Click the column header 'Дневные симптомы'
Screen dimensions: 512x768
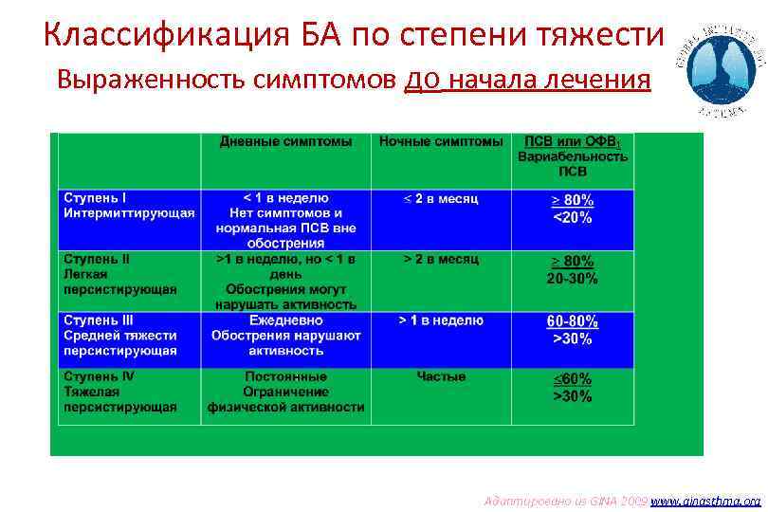(x=285, y=141)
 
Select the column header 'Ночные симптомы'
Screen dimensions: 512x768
(x=441, y=141)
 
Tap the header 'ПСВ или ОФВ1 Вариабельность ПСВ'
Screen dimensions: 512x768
(x=573, y=156)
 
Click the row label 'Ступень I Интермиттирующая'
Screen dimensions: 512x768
(x=129, y=206)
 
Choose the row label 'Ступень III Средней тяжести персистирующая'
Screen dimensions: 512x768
(x=120, y=336)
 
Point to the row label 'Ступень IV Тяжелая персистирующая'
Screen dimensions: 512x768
(x=120, y=392)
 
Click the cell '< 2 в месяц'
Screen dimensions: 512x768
(x=441, y=199)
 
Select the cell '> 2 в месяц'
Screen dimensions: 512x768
(x=441, y=259)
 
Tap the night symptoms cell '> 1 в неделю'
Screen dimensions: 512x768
(x=441, y=320)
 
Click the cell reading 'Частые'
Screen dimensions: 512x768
(x=441, y=376)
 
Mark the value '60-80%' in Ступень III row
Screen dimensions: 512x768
(x=572, y=321)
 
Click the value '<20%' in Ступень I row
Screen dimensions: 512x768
(x=572, y=218)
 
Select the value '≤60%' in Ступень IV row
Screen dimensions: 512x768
(x=572, y=378)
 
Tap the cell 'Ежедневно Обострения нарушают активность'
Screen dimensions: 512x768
(x=285, y=336)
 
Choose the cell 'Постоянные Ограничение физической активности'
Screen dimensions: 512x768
(x=285, y=392)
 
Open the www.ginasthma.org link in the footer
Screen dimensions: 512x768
(x=708, y=500)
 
